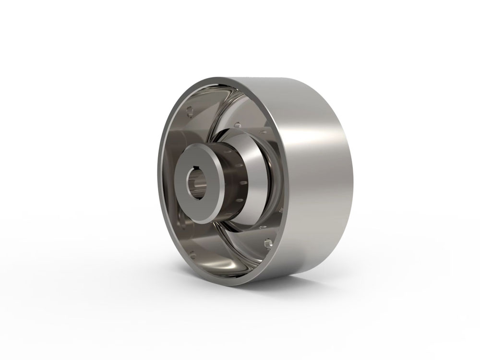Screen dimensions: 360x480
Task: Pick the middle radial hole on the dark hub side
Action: point(242,183)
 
